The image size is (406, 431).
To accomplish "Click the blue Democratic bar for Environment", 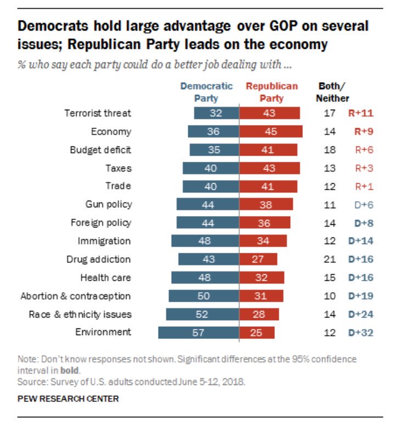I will pos(199,332).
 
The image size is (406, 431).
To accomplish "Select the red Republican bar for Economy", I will pos(271,132).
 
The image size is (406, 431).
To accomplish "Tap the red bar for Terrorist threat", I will pos(269,114).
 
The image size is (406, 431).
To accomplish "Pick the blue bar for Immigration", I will pos(205,241).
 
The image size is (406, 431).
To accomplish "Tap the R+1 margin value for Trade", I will pos(362,186).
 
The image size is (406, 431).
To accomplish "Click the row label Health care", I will pos(105,278).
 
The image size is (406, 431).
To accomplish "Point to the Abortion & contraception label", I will pos(75,296).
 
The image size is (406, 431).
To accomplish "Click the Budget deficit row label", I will pos(100,150).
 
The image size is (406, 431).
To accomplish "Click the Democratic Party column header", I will pos(206,92).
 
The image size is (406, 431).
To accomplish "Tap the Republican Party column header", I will pos(272,92).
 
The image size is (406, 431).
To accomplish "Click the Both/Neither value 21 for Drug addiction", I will pos(329,259).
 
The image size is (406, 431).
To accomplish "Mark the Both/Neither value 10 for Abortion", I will pos(329,296).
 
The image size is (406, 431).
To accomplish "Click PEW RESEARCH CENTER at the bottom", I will pos(68,399).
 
